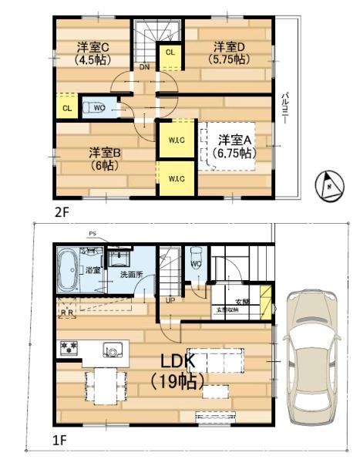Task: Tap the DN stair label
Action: pos(145,66)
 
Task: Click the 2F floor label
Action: pos(61,210)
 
